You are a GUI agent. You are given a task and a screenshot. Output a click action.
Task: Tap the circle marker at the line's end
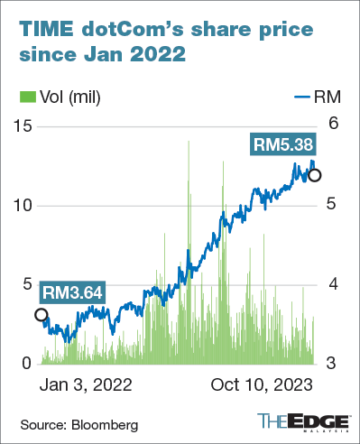tap(315, 175)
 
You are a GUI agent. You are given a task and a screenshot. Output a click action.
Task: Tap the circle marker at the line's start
tap(40, 315)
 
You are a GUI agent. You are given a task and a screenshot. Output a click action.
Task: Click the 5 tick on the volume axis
tap(27, 283)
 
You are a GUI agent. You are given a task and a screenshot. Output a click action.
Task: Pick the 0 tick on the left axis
tap(27, 363)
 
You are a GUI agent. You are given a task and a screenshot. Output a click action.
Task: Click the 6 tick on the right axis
tap(333, 125)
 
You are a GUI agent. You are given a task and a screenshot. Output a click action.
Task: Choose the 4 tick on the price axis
tap(333, 283)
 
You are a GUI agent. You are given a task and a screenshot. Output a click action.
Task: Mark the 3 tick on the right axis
tap(333, 363)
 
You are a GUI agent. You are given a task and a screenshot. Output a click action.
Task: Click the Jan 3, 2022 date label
tap(86, 384)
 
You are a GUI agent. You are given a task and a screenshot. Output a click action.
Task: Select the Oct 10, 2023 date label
tap(263, 384)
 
